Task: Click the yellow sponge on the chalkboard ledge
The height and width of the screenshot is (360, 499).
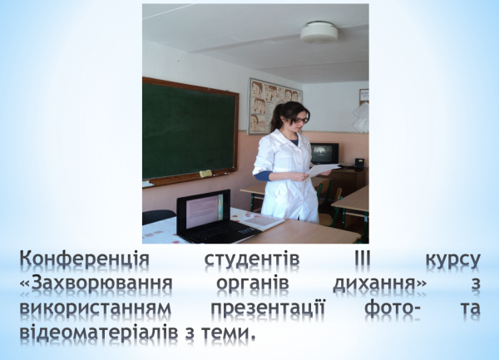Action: [205, 173]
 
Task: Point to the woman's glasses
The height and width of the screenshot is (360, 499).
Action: [299, 121]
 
